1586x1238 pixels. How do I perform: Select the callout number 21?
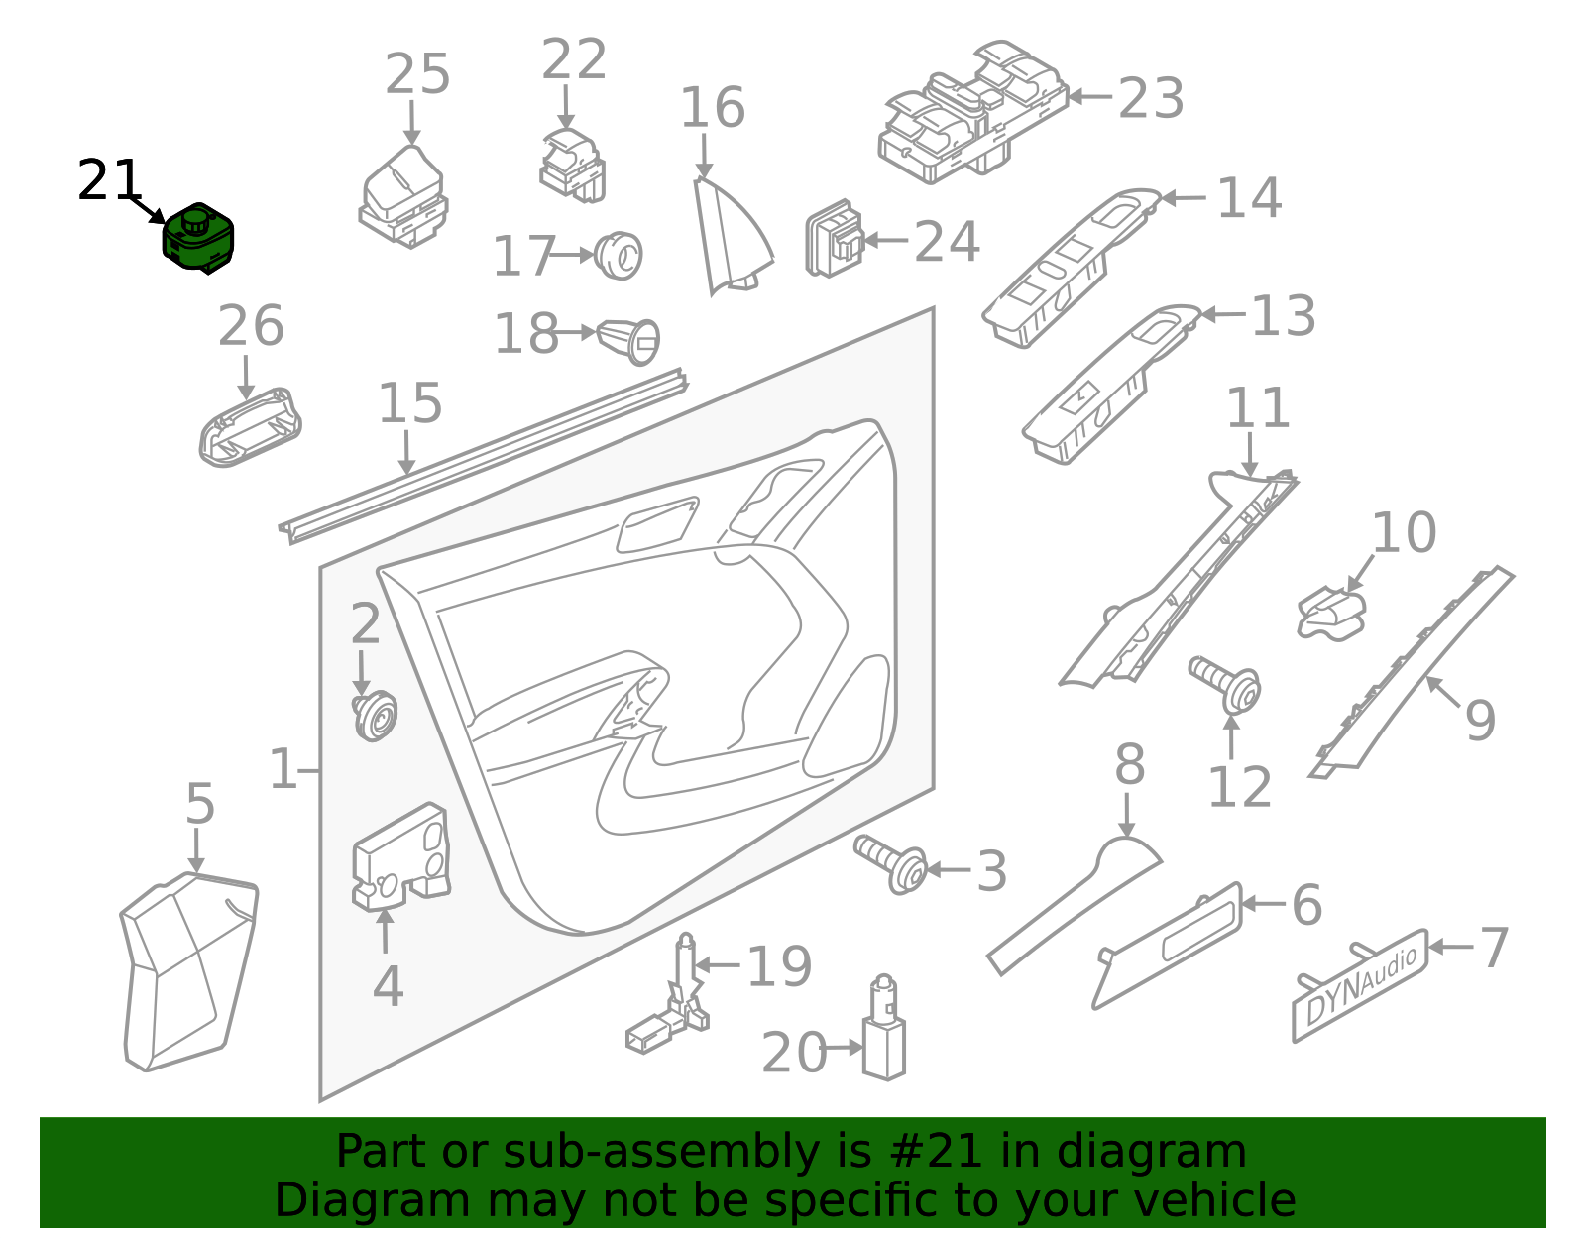109,181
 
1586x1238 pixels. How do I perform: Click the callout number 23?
1151,98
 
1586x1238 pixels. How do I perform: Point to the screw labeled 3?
890,865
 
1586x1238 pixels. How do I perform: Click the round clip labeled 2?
375,717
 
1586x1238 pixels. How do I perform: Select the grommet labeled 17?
619,256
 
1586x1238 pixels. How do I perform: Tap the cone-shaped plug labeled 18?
628,341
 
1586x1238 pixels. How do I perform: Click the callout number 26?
251,326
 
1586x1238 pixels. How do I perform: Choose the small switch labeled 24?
835,239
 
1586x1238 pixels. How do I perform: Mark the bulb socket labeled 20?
884,1029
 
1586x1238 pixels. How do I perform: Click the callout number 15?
410,403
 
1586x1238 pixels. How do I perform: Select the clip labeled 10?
1331,614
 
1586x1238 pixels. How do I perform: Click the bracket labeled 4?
400,858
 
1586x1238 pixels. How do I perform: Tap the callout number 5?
200,804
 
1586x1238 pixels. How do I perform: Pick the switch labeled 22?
572,166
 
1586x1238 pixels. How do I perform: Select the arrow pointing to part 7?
1451,947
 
